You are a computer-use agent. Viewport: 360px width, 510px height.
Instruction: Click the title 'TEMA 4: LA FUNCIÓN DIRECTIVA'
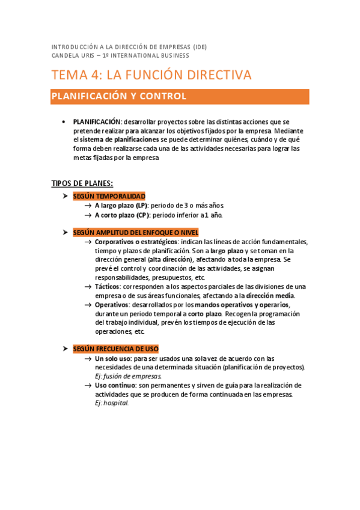tap(151, 75)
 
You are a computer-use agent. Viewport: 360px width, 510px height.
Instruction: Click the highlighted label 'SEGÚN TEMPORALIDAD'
tap(109, 196)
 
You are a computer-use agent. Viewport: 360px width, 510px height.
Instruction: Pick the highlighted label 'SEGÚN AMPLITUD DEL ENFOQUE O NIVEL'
tap(135, 233)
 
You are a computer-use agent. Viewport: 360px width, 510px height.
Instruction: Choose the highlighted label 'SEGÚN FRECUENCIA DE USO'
tap(115, 349)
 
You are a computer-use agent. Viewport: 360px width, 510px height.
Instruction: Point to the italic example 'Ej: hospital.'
tap(112, 404)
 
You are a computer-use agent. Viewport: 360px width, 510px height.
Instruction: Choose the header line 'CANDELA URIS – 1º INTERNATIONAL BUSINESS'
tap(121, 55)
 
